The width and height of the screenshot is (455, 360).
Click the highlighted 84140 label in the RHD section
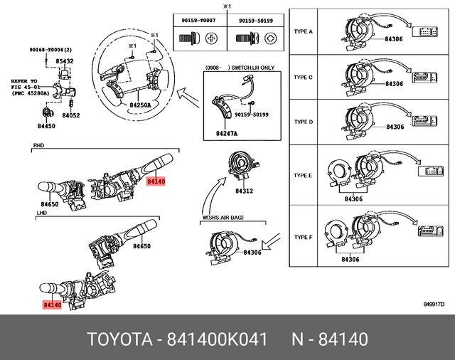[155, 181]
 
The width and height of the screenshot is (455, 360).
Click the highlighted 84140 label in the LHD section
[52, 305]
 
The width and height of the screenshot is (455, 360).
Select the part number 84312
[245, 191]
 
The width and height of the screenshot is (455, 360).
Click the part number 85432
[65, 62]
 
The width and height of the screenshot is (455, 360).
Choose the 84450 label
[45, 126]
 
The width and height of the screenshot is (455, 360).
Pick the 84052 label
[70, 115]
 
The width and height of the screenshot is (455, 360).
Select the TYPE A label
[304, 31]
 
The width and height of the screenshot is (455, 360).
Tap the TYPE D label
[304, 121]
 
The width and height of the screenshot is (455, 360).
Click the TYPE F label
[304, 235]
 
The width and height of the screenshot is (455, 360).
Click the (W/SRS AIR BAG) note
[223, 218]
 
